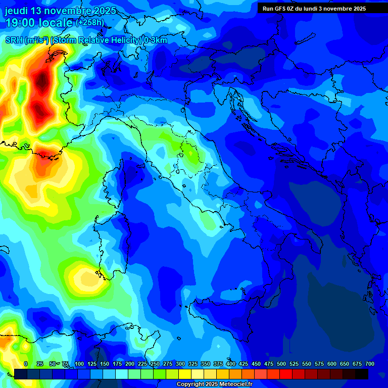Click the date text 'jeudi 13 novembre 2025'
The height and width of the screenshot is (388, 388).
[60, 11]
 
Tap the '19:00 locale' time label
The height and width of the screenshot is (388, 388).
[39, 23]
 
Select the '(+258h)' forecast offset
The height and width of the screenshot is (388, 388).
[90, 23]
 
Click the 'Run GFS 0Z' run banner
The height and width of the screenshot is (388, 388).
[314, 9]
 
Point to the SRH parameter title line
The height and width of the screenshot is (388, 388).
[86, 40]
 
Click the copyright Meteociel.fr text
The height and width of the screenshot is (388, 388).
[214, 384]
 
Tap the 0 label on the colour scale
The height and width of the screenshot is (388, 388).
[26, 364]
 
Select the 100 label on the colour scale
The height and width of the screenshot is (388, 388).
[79, 364]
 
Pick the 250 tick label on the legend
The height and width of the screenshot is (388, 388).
[155, 364]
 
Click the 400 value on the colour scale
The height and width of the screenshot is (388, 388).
[231, 364]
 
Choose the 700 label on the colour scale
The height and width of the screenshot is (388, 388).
[370, 364]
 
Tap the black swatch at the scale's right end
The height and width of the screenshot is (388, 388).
[362, 374]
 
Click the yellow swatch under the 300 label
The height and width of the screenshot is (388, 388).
[185, 374]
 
